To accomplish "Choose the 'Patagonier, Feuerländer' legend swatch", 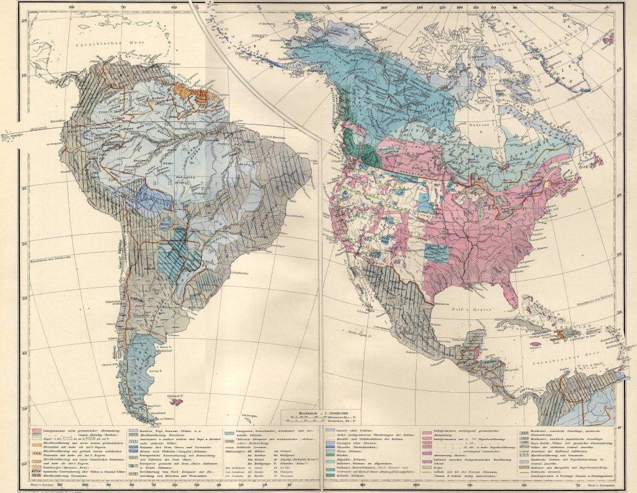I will pyautogui.click(x=228, y=431).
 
